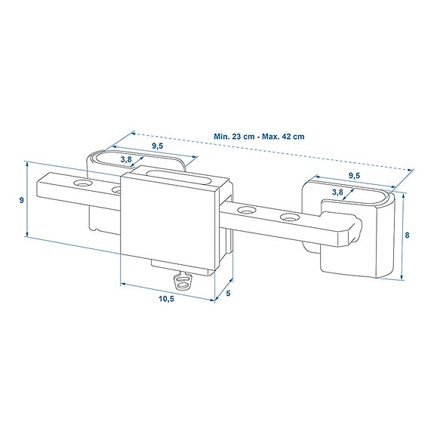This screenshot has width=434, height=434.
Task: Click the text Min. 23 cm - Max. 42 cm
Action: tap(258, 137)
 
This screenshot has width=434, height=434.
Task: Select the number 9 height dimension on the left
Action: tap(20, 200)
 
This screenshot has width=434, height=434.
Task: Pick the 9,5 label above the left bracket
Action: tap(157, 146)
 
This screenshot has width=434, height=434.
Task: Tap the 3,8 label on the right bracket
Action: tap(339, 192)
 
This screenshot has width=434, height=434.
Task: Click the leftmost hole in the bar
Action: tap(80, 184)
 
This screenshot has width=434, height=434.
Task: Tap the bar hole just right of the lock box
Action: tap(245, 210)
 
